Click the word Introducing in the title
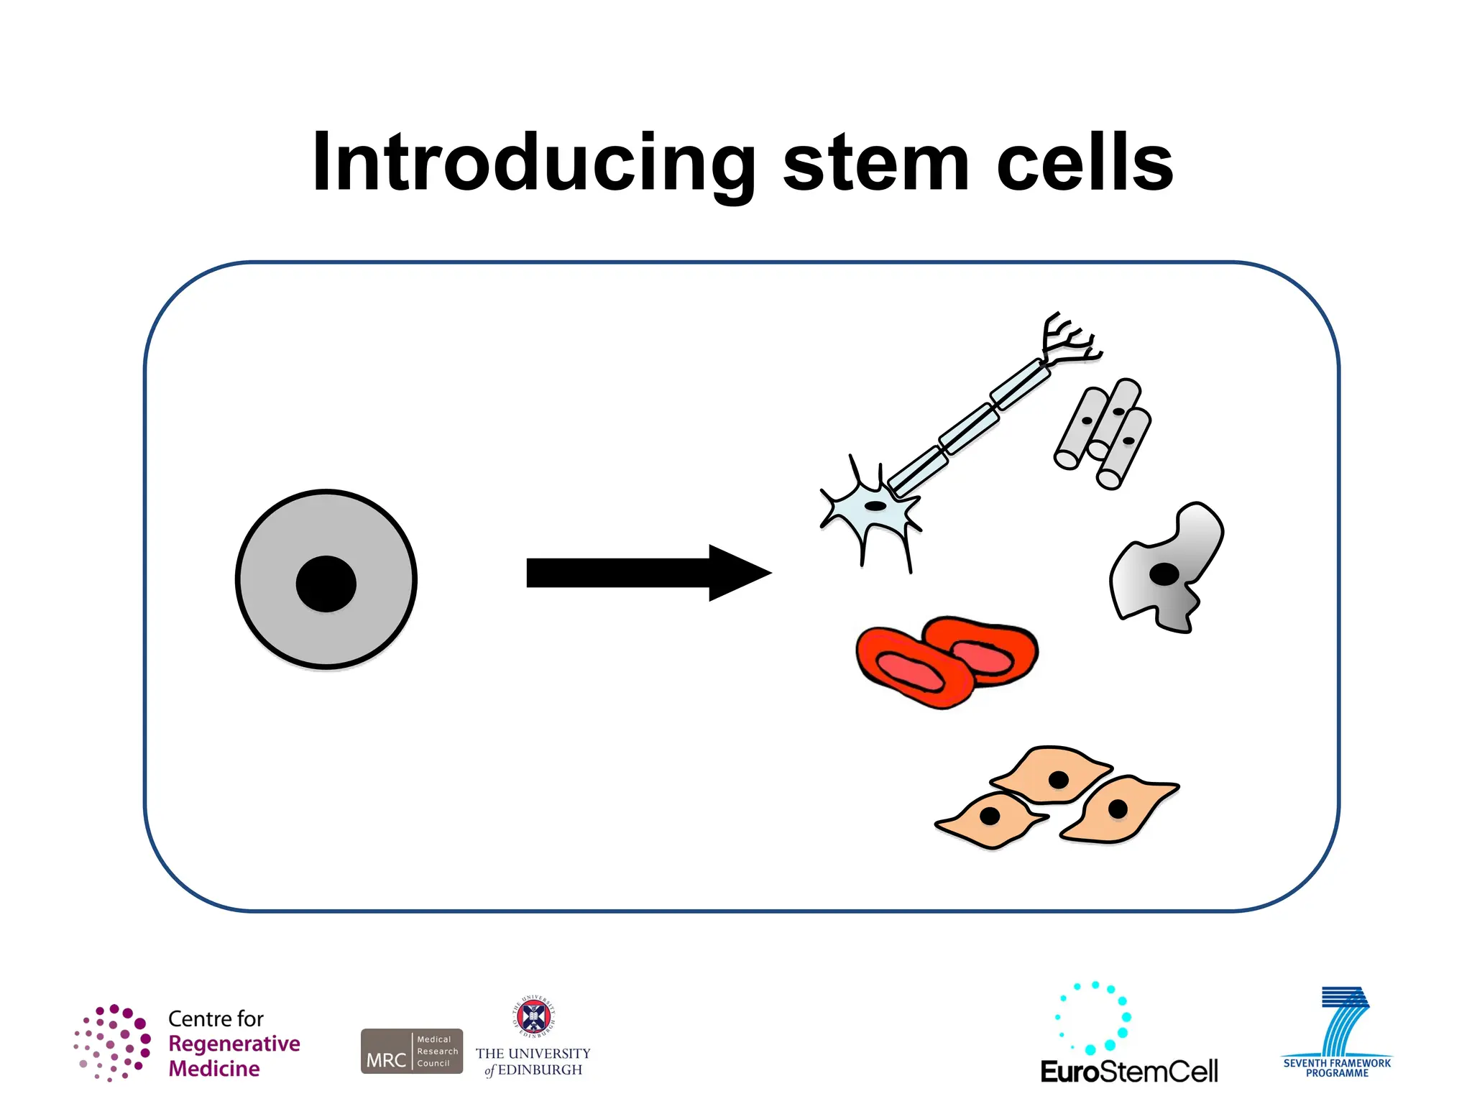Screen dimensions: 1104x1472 tap(533, 164)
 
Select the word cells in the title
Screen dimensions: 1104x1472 tap(1085, 164)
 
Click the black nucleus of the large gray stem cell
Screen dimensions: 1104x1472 tap(326, 584)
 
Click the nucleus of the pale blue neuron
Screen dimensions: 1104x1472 tap(875, 506)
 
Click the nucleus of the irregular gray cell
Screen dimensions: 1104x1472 tap(1164, 574)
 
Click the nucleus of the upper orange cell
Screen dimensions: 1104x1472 tap(1058, 780)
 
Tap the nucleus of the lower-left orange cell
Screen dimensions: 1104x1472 tap(990, 816)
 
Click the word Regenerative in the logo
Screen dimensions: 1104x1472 tap(234, 1044)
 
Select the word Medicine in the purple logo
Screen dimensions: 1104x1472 tap(214, 1069)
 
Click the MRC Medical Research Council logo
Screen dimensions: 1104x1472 tap(411, 1051)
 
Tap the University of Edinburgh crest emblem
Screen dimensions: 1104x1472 tap(533, 1016)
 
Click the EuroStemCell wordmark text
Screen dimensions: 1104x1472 tap(1128, 1071)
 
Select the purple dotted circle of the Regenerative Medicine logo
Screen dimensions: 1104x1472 tap(113, 1042)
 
